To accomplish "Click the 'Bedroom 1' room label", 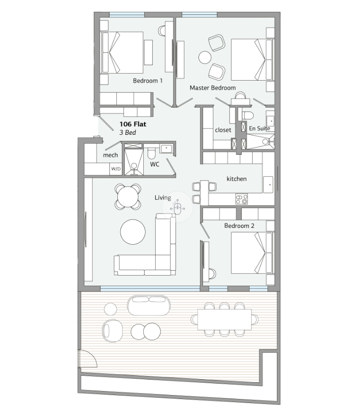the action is [x=148, y=81].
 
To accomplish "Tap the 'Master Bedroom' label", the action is [x=213, y=88].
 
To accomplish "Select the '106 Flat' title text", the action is [x=133, y=124].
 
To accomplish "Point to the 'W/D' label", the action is [x=116, y=169].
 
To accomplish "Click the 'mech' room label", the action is [x=110, y=155].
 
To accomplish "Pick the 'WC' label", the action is [x=155, y=164].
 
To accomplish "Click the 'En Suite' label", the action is [x=260, y=128].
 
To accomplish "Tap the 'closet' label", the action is [x=223, y=130].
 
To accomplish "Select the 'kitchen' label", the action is [x=237, y=179].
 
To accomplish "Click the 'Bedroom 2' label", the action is [x=239, y=225].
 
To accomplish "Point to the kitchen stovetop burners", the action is [x=242, y=199].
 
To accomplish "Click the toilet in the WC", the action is [x=151, y=153].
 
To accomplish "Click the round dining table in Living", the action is [x=128, y=197].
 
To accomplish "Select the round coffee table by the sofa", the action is [x=133, y=232].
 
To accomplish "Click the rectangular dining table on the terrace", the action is [x=224, y=319].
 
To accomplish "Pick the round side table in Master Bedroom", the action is [x=205, y=57].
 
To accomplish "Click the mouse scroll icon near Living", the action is [x=178, y=207].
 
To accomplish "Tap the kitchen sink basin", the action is [x=268, y=185].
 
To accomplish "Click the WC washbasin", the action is [x=166, y=148].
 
